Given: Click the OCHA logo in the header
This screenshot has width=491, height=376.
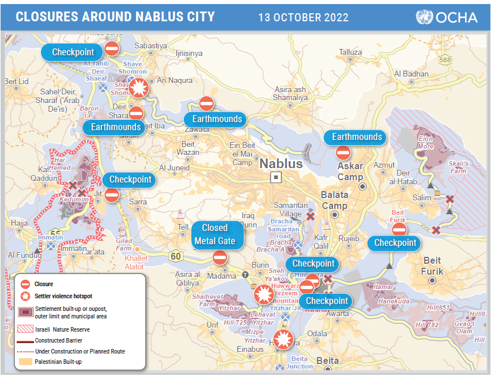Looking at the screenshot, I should (447, 17).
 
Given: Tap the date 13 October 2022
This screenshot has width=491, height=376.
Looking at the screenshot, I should (304, 17).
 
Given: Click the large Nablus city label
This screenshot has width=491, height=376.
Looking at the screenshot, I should (281, 164).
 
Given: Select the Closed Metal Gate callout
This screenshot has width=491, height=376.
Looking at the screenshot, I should (214, 234).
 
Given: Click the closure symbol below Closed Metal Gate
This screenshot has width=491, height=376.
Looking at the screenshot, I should (220, 257).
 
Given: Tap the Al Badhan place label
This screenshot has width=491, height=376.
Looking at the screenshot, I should (411, 74).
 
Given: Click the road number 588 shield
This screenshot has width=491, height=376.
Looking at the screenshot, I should (444, 59).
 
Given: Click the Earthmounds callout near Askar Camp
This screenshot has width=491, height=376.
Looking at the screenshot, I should (357, 137).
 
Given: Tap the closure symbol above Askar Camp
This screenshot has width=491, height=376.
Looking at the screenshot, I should (343, 153).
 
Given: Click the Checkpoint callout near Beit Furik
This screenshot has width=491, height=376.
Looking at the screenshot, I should (395, 243).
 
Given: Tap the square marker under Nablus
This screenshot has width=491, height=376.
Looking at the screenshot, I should (277, 177).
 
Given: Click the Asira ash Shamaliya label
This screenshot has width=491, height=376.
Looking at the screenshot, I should (290, 93).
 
